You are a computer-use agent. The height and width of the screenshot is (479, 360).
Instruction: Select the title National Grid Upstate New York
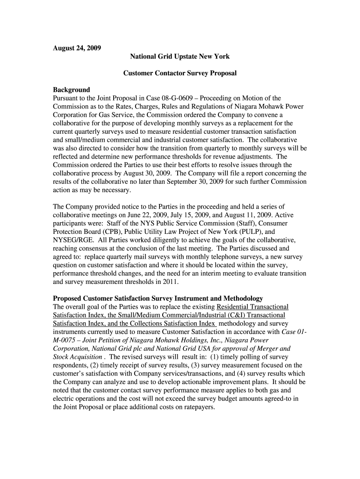pyautogui.click(x=180, y=57)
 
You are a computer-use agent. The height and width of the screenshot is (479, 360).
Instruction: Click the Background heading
pyautogui.click(x=72, y=90)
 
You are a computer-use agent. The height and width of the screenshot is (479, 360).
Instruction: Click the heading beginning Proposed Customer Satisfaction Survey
pyautogui.click(x=158, y=298)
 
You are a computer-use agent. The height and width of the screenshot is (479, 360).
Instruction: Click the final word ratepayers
pyautogui.click(x=198, y=407)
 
